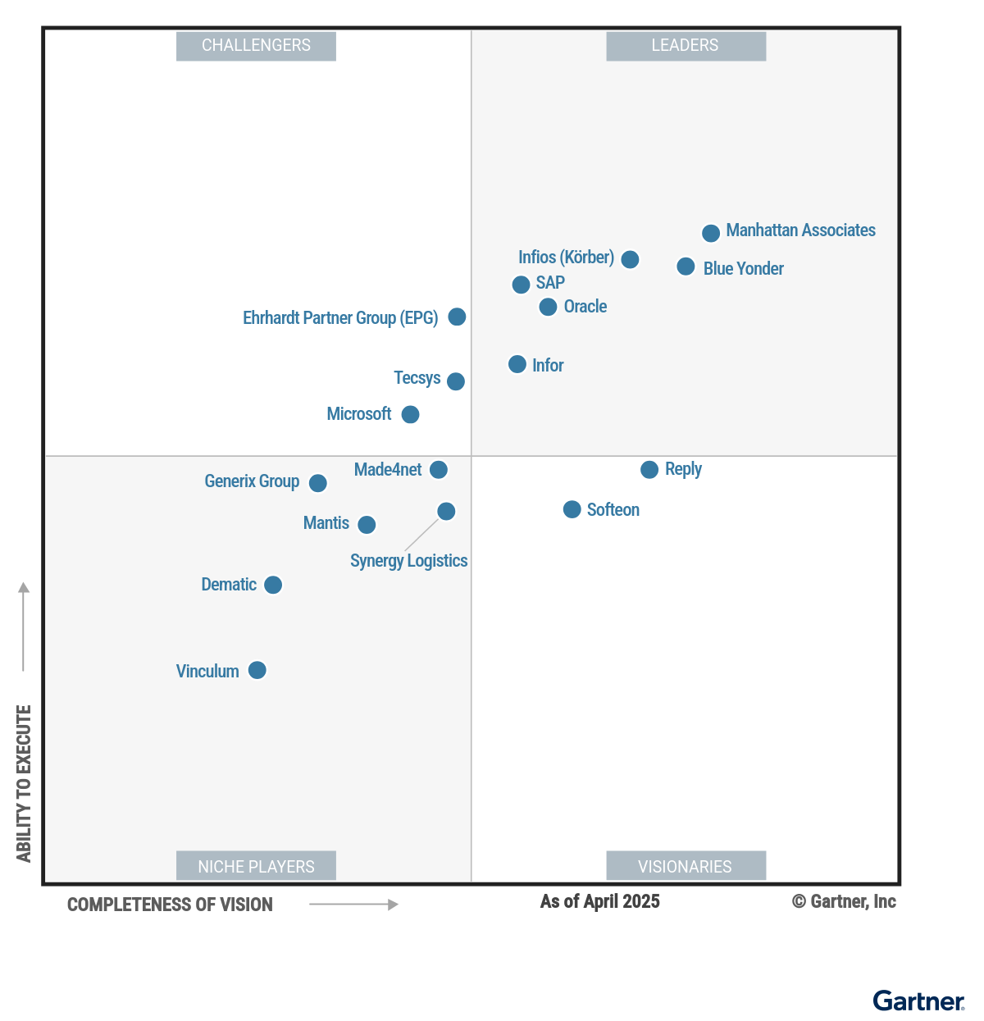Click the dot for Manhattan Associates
point(711,233)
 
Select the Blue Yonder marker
point(686,267)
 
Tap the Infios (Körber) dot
point(630,259)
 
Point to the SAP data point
point(521,285)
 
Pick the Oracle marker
point(548,308)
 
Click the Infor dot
point(517,364)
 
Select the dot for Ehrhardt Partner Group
point(457,317)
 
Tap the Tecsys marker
point(456,381)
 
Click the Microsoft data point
point(410,415)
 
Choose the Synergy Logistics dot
point(446,512)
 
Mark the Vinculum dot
point(257,671)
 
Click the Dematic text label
point(229,585)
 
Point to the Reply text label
point(683,469)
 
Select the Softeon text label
point(613,510)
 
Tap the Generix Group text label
point(252,481)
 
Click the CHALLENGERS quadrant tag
point(256,46)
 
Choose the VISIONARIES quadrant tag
point(686,866)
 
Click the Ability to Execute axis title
point(24,783)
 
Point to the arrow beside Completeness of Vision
point(353,905)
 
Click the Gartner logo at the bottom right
point(918,1001)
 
